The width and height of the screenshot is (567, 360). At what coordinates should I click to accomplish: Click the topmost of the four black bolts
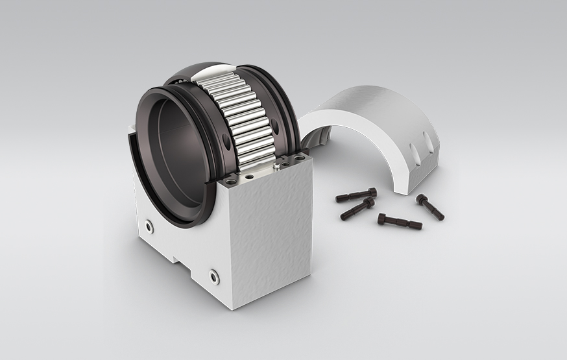(x=356, y=194)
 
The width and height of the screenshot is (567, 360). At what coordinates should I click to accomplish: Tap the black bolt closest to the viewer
(x=399, y=222)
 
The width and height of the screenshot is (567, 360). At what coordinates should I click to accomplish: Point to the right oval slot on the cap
(x=429, y=141)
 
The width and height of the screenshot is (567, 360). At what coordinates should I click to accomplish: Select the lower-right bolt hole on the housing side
(x=214, y=277)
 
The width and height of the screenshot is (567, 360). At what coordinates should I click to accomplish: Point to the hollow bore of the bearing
(x=172, y=156)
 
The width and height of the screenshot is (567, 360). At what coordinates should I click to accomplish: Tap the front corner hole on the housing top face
(x=250, y=175)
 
